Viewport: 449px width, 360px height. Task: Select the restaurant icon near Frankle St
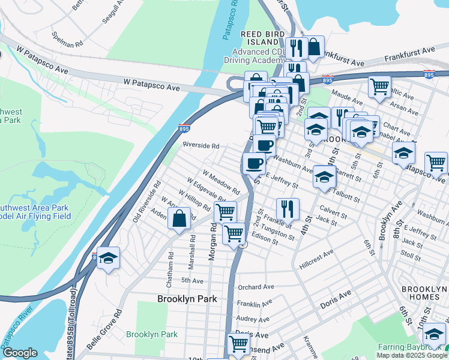pos(288,209)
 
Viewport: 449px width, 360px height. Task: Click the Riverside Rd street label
pos(201,146)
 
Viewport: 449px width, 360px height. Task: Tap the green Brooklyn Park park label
pos(152,334)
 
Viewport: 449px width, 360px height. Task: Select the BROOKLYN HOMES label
pos(424,293)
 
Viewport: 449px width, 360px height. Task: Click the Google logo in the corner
pos(19,353)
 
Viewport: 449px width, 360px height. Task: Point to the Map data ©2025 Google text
pos(412,355)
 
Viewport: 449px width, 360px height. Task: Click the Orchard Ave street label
pos(256,287)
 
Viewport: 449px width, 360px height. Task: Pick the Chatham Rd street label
pos(170,267)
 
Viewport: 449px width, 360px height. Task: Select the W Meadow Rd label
pos(221,181)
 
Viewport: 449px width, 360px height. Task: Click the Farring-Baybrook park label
pos(410,347)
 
